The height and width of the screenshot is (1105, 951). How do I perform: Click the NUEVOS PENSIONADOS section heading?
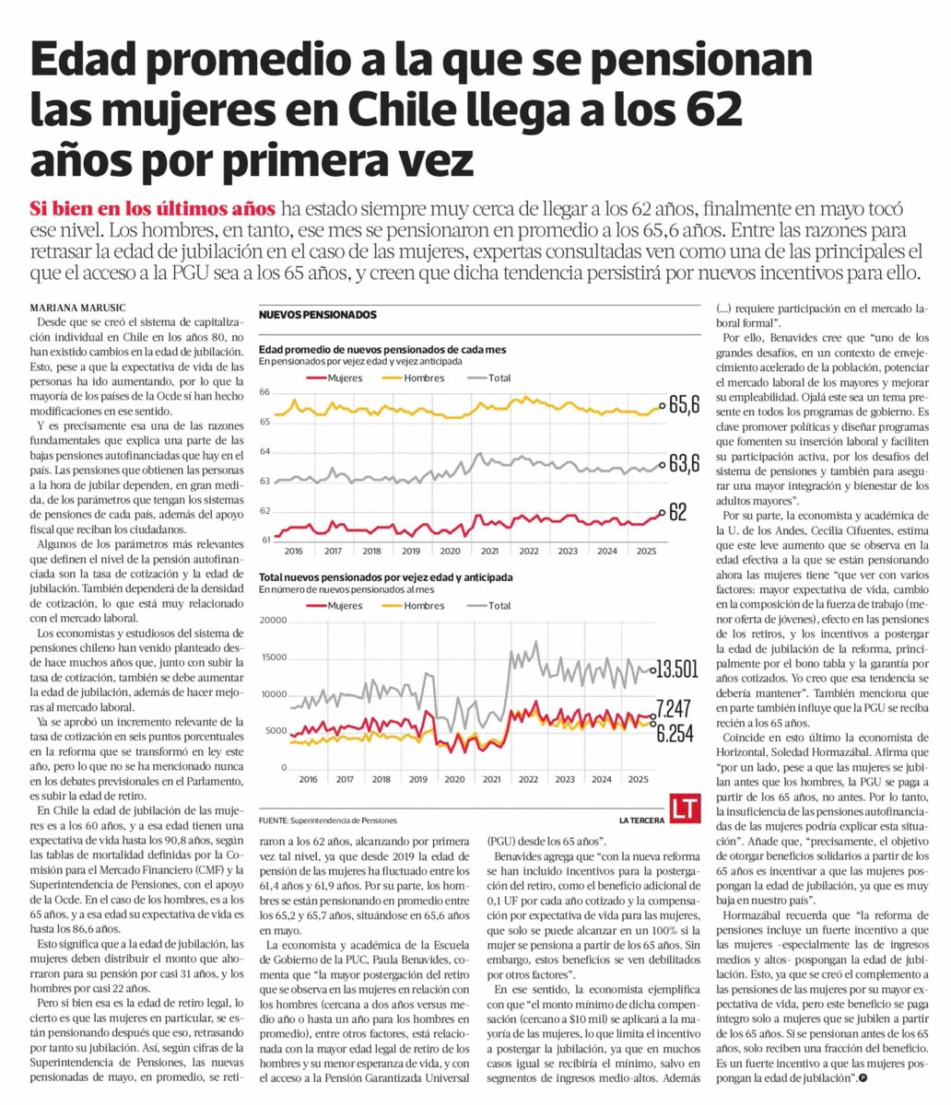[317, 315]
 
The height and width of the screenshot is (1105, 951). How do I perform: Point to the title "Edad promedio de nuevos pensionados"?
[383, 350]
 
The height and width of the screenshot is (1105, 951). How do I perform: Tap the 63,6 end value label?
[684, 465]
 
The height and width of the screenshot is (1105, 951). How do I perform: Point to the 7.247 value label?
[675, 708]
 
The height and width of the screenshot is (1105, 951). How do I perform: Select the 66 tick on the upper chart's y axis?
[264, 392]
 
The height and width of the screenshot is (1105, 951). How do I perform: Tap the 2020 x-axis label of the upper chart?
[449, 551]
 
